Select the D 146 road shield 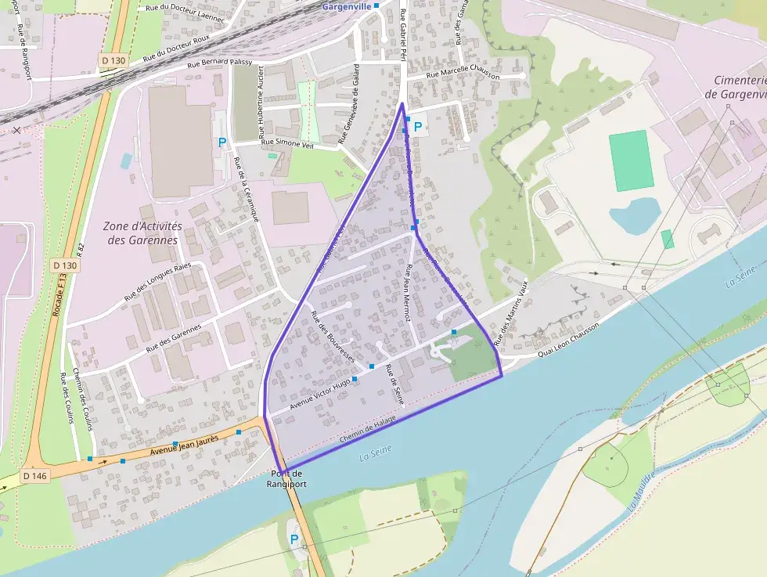(35, 476)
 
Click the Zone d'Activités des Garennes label (142, 233)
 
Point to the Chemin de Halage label (368, 431)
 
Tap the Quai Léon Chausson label (567, 342)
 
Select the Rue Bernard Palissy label (218, 62)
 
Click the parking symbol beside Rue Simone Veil (222, 142)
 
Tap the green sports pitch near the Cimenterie (632, 160)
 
